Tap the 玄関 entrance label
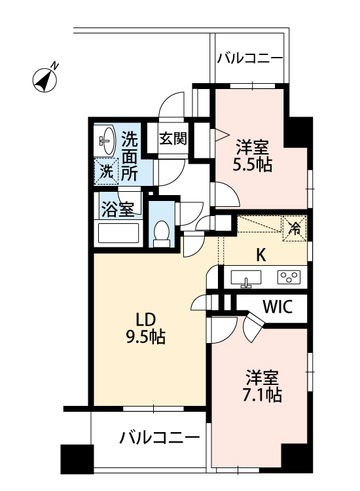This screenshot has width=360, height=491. [173, 139]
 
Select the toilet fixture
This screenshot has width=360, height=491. [160, 234]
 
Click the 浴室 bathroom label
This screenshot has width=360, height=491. [117, 209]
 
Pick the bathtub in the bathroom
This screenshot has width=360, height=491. [118, 234]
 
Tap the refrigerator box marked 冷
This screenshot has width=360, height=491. [295, 228]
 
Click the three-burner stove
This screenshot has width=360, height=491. [288, 277]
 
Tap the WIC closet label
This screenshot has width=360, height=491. [277, 307]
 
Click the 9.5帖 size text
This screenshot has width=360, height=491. [145, 338]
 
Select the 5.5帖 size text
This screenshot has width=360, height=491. [252, 164]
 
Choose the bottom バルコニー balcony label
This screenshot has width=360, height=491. [160, 437]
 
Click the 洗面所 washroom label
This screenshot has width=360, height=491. [130, 156]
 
